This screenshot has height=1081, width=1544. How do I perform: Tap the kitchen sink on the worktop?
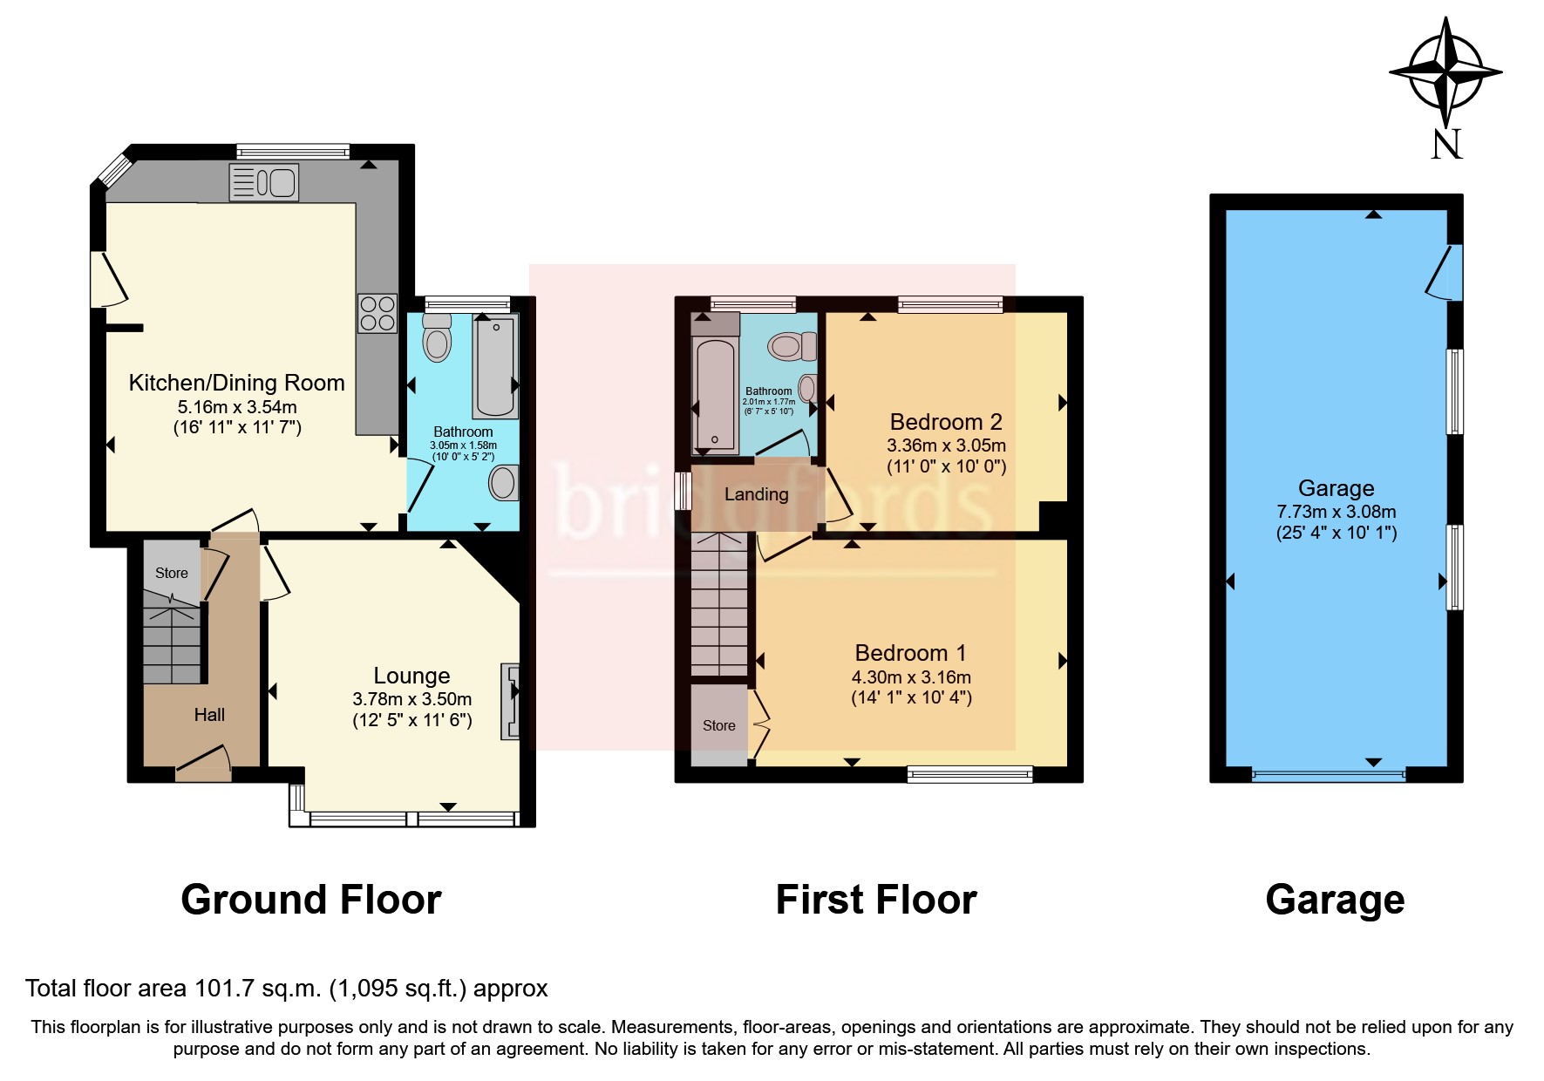pos(263,183)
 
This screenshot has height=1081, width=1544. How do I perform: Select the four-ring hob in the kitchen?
pos(377,313)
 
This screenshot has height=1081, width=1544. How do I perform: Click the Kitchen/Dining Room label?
pos(236,383)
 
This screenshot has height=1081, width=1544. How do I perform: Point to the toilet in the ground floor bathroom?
pos(437,339)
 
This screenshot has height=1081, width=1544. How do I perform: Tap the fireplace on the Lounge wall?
pos(510,702)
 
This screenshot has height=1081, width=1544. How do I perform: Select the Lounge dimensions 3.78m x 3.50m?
pos(412,699)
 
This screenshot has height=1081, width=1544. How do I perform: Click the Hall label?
pos(209,715)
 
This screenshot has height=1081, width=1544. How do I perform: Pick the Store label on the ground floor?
pos(172,573)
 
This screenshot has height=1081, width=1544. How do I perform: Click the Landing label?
pos(756,494)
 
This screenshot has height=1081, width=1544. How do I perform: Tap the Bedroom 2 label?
pos(946,422)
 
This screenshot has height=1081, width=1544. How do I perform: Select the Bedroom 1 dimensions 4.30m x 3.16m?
pos(911,677)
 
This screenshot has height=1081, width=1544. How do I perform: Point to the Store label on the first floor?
pos(719,725)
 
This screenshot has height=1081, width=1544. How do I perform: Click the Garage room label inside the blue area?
pos(1336,488)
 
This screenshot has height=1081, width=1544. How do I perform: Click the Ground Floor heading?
pos(311,900)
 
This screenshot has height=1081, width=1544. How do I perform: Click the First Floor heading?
pos(876,900)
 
